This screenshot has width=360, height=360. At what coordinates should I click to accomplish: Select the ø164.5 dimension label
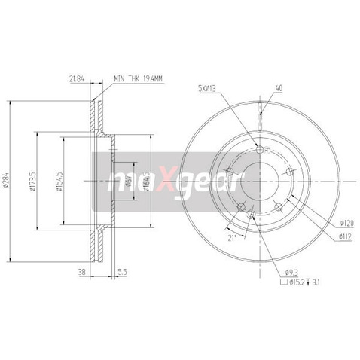[x=146, y=180]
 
